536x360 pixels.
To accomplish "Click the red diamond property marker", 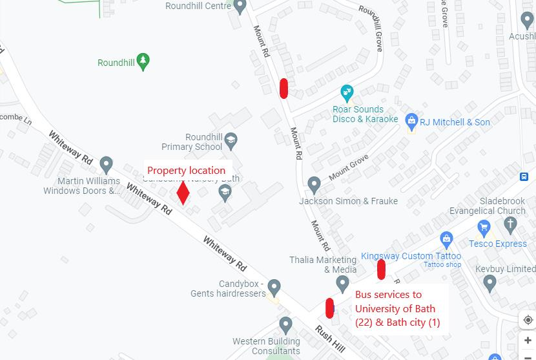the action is coord(183,193).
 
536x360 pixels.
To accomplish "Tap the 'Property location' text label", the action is coord(186,171).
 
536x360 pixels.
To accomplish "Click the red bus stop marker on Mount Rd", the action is coord(283,88).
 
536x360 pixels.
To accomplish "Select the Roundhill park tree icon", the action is coord(143,62).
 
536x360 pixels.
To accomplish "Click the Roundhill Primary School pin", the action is coord(231,140).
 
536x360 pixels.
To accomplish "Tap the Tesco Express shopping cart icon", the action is coord(484,228).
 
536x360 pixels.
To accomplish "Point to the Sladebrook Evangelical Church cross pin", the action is coord(511,226).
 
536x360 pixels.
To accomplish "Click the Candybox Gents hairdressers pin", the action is coord(274,286).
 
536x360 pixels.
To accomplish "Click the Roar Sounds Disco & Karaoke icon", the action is coord(347,92).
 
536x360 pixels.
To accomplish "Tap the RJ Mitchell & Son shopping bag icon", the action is coord(411,121).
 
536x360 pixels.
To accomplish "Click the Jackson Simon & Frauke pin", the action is coord(314,185).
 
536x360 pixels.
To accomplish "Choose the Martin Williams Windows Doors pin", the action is coord(107,165).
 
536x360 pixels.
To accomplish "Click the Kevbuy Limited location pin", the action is coord(490,282).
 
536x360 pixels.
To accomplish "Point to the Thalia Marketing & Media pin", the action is coord(342,283).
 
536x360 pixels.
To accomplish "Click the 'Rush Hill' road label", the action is coord(329,339).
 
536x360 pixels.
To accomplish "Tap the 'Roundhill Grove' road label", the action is coord(371,29).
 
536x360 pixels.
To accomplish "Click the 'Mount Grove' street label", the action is coord(349,167).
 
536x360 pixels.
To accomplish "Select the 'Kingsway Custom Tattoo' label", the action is coord(411,256).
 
